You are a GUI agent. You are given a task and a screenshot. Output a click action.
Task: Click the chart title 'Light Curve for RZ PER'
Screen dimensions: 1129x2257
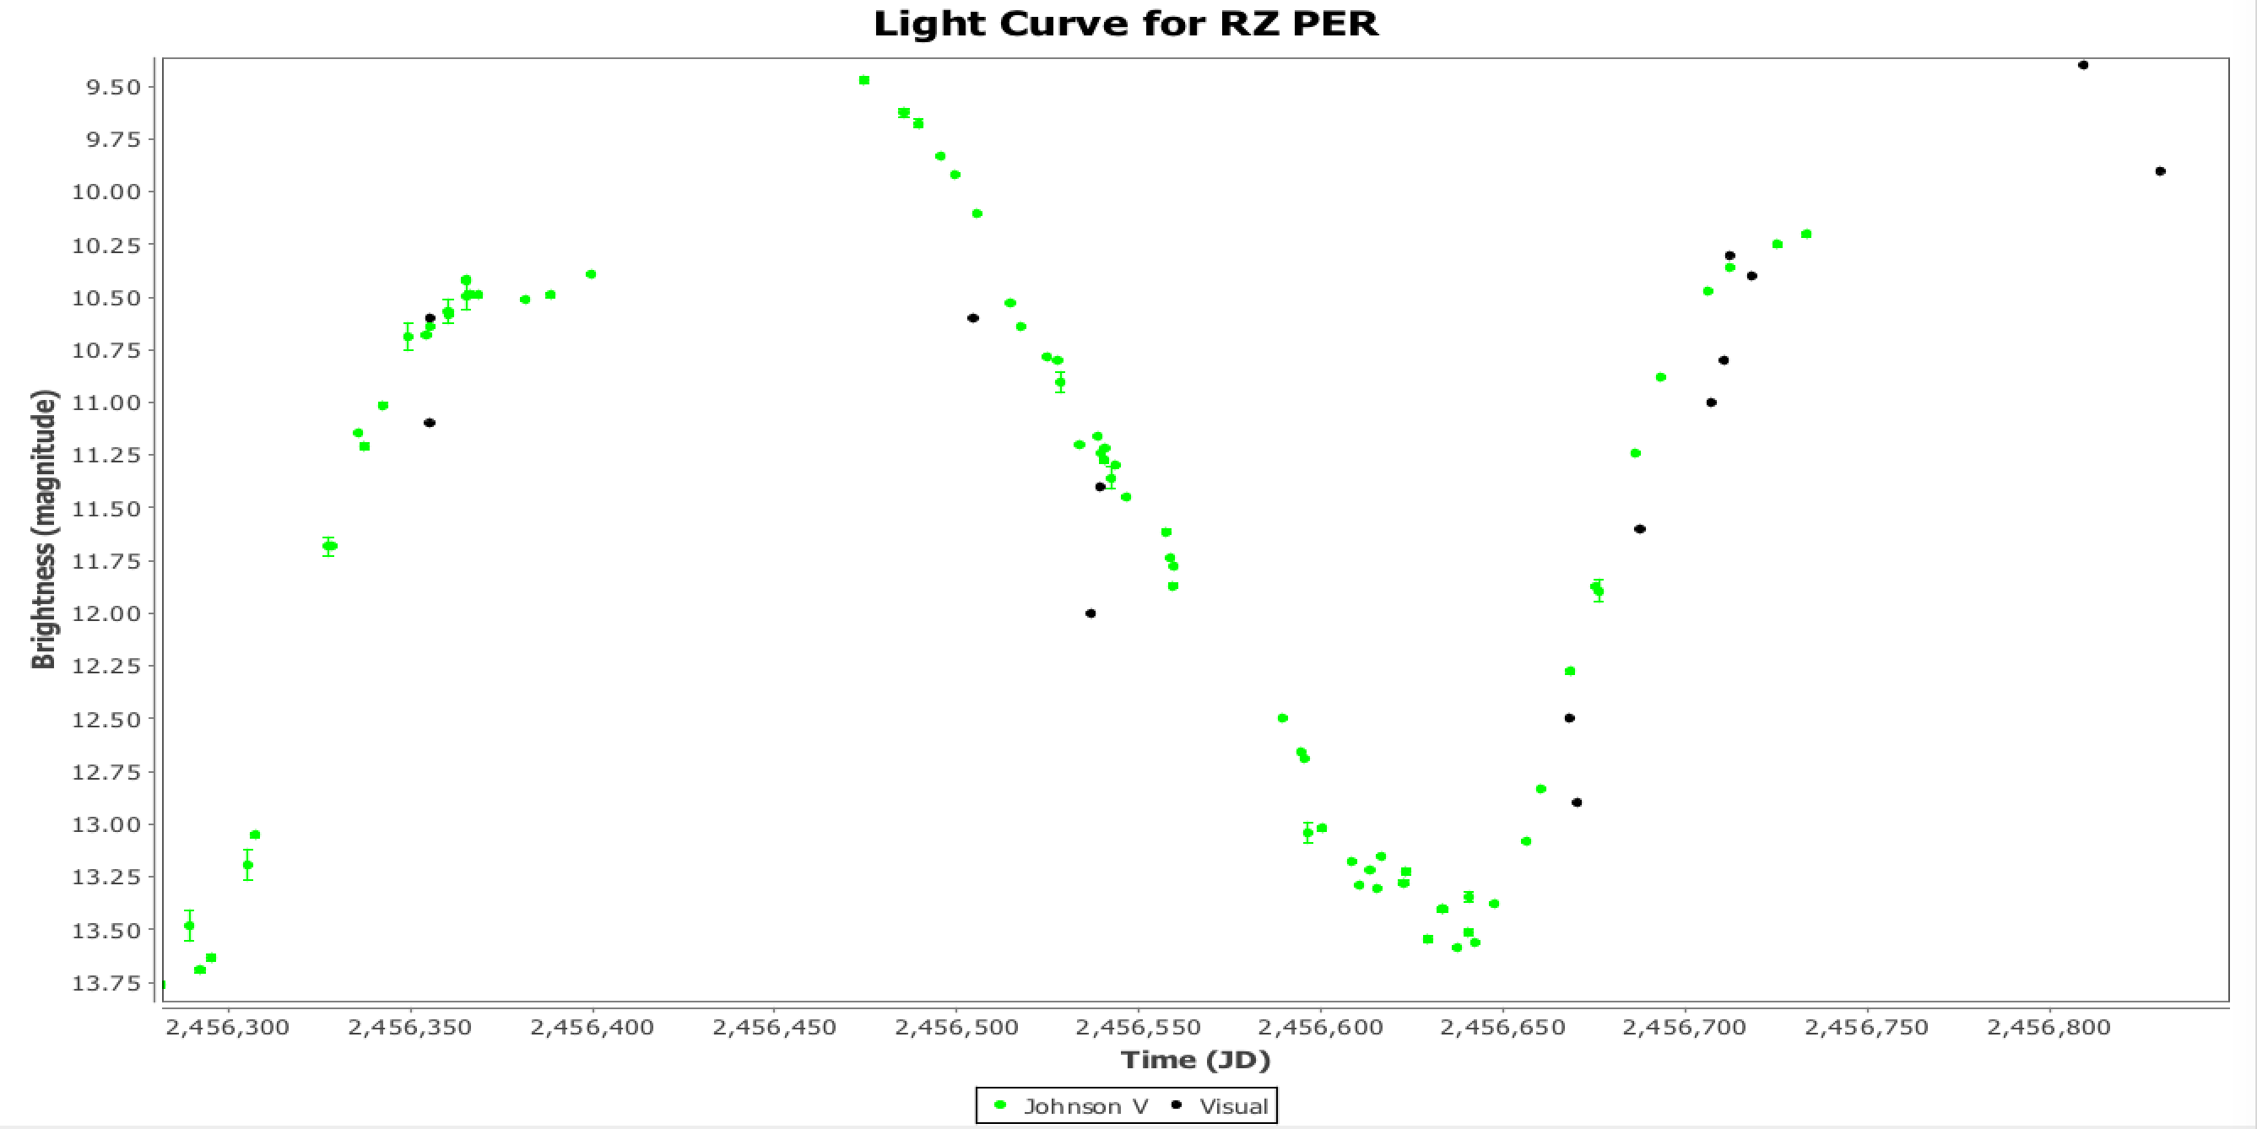coord(1126,24)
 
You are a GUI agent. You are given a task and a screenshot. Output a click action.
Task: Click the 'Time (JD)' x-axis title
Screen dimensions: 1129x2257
coord(1195,1060)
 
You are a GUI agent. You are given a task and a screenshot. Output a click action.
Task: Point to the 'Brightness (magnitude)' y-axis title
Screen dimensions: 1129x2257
coord(44,529)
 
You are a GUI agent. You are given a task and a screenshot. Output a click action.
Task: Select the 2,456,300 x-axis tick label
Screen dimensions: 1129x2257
coord(227,1027)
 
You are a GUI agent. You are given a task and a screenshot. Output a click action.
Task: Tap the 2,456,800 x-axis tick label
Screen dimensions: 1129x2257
coord(2049,1027)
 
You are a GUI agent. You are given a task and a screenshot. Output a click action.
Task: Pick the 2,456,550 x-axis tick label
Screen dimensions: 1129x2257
coord(1137,1027)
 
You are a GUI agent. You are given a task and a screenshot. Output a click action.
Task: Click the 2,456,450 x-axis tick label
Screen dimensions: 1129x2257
coord(774,1027)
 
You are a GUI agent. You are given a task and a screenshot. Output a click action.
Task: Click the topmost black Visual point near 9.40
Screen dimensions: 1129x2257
coord(2082,65)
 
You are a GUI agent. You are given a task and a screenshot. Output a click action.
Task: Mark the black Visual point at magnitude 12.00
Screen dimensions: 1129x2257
coord(1090,613)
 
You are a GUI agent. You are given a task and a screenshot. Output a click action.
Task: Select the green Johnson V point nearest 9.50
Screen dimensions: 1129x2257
coord(864,80)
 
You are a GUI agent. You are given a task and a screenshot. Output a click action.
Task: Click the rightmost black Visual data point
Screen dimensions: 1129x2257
coord(2160,170)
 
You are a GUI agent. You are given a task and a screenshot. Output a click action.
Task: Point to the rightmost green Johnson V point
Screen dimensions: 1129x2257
coord(1805,234)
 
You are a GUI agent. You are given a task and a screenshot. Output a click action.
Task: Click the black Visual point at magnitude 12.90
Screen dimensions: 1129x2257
coord(1576,802)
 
